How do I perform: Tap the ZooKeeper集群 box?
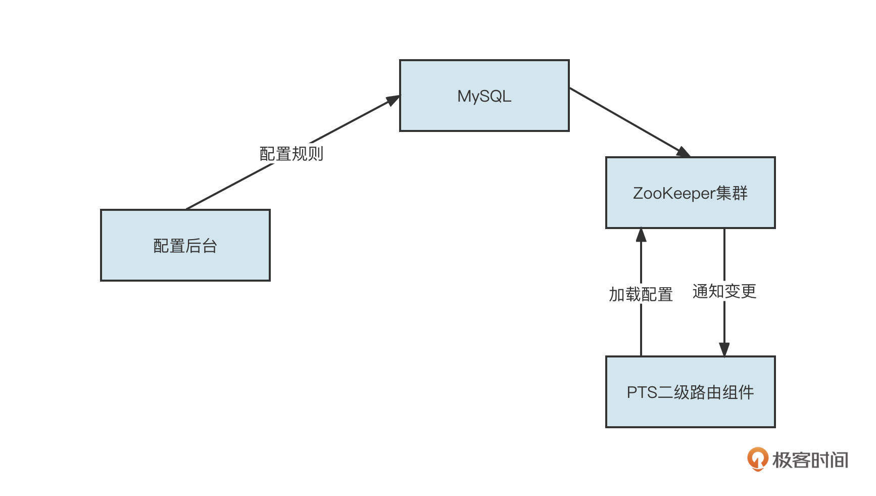pyautogui.click(x=690, y=212)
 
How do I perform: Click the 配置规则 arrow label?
pyautogui.click(x=291, y=154)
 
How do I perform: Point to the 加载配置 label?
pyautogui.click(x=641, y=294)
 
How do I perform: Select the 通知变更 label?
pyautogui.click(x=724, y=291)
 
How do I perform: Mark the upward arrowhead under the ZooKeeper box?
pyautogui.click(x=641, y=235)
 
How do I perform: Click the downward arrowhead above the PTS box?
pyautogui.click(x=724, y=349)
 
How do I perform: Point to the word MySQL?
pyautogui.click(x=484, y=96)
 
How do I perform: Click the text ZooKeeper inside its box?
pyautogui.click(x=674, y=193)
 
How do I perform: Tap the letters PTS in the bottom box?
pyautogui.click(x=642, y=392)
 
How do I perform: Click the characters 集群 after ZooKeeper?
pyautogui.click(x=732, y=193)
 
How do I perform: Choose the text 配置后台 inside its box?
pyautogui.click(x=185, y=246)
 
